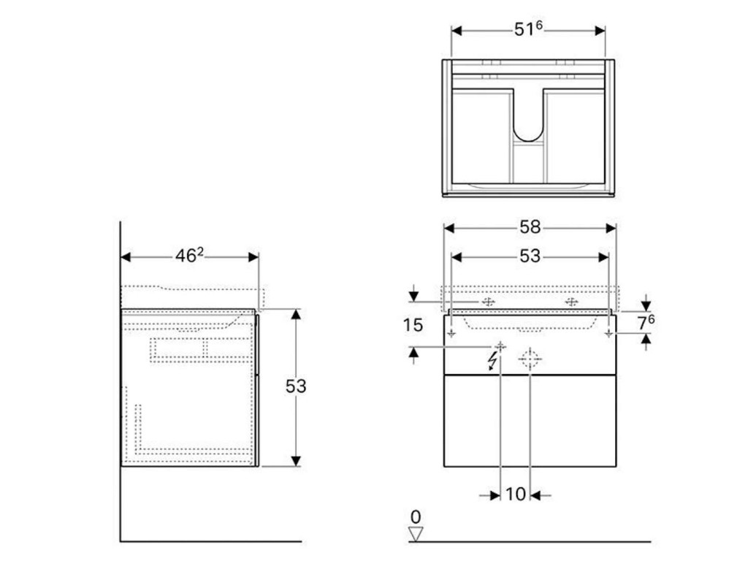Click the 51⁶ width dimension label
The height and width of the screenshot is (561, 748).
click(x=529, y=30)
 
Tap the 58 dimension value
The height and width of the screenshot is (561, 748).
click(x=530, y=227)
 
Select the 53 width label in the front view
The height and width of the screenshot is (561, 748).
click(x=530, y=256)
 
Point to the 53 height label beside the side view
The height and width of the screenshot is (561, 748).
click(x=296, y=386)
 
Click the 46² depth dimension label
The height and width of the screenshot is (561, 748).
click(x=188, y=256)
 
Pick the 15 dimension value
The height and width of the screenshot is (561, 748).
click(x=413, y=325)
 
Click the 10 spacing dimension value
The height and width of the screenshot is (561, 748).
click(x=516, y=495)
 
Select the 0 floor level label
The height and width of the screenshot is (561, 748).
click(x=416, y=517)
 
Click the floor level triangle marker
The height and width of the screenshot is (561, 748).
click(x=416, y=534)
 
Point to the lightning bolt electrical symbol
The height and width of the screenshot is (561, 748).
click(x=496, y=360)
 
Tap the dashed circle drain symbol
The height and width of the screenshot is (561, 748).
click(x=530, y=359)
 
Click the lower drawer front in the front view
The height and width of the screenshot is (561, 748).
click(x=530, y=421)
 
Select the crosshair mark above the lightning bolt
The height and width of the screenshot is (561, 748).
click(x=500, y=345)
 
